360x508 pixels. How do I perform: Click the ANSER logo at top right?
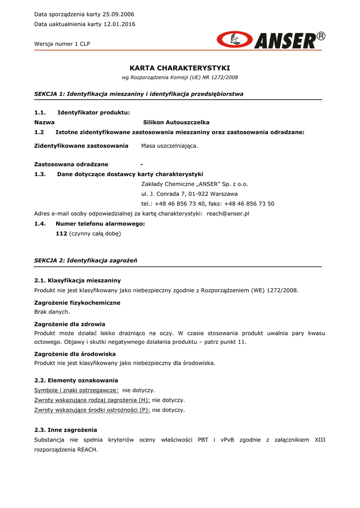tap(271, 40)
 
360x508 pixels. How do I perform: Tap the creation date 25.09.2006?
tap(118, 14)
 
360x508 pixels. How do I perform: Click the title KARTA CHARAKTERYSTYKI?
tap(180, 68)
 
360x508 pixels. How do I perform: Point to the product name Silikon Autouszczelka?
tap(176, 122)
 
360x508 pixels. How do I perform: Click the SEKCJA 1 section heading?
tap(139, 94)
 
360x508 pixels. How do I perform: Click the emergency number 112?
tap(61, 233)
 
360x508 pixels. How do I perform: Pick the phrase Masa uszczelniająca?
tap(169, 146)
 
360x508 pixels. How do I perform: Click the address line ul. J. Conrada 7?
tap(189, 194)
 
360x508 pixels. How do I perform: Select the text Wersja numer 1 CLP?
tap(62, 44)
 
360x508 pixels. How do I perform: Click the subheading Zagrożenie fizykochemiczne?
tap(77, 303)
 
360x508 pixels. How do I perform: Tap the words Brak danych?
tap(52, 312)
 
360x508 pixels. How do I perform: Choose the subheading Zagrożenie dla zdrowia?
tap(70, 324)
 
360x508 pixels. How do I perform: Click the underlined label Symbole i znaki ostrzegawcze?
tap(76, 390)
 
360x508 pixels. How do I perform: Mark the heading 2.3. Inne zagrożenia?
tap(66, 430)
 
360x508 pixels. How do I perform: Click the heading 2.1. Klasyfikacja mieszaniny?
tap(77, 281)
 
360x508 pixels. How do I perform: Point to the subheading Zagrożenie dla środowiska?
tap(75, 354)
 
